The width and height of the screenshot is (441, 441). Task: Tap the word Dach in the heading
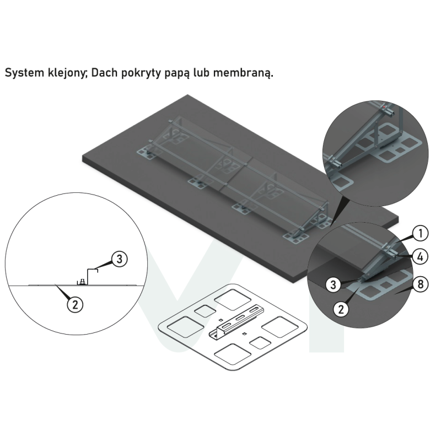pyautogui.click(x=104, y=73)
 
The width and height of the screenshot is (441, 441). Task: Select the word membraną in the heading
pyautogui.click(x=243, y=73)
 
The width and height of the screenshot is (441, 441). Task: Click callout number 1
pyautogui.click(x=420, y=233)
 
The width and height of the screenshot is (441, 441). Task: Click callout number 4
pyautogui.click(x=420, y=256)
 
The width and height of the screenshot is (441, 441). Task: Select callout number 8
pyautogui.click(x=420, y=284)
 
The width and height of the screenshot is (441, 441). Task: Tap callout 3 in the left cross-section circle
pyautogui.click(x=119, y=259)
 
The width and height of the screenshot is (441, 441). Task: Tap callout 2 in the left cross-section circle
pyautogui.click(x=75, y=304)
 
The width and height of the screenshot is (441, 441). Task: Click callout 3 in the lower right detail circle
pyautogui.click(x=334, y=284)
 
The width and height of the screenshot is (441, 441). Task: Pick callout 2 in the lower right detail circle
pyautogui.click(x=341, y=309)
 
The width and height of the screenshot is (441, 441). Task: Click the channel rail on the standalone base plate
pyautogui.click(x=237, y=321)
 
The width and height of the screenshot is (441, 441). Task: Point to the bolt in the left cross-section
pyautogui.click(x=82, y=282)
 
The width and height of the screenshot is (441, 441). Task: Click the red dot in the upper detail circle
pyautogui.click(x=384, y=107)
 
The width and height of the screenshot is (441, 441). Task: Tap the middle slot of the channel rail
pyautogui.click(x=240, y=318)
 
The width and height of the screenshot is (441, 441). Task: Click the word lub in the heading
pyautogui.click(x=201, y=73)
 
